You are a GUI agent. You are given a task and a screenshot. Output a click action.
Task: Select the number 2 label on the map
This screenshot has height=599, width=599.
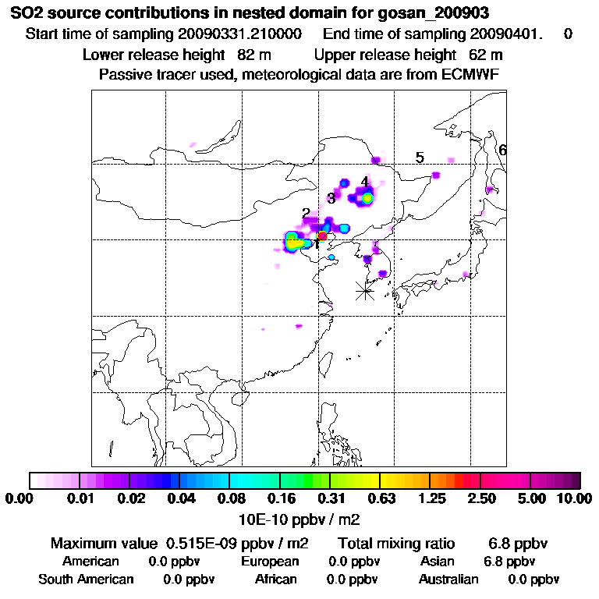tap(306, 213)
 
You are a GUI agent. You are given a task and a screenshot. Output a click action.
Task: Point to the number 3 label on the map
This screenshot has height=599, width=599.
tap(331, 198)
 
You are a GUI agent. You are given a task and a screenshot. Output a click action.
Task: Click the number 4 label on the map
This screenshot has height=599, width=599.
tap(364, 182)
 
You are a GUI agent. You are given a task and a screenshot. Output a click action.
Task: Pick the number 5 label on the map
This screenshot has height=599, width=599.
tap(420, 158)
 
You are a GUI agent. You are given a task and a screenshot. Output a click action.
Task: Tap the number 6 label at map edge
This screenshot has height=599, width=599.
tap(502, 150)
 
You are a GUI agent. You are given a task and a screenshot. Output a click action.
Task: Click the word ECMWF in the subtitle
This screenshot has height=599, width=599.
tap(472, 74)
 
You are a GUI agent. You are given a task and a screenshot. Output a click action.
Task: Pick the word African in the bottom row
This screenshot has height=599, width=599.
tap(276, 580)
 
